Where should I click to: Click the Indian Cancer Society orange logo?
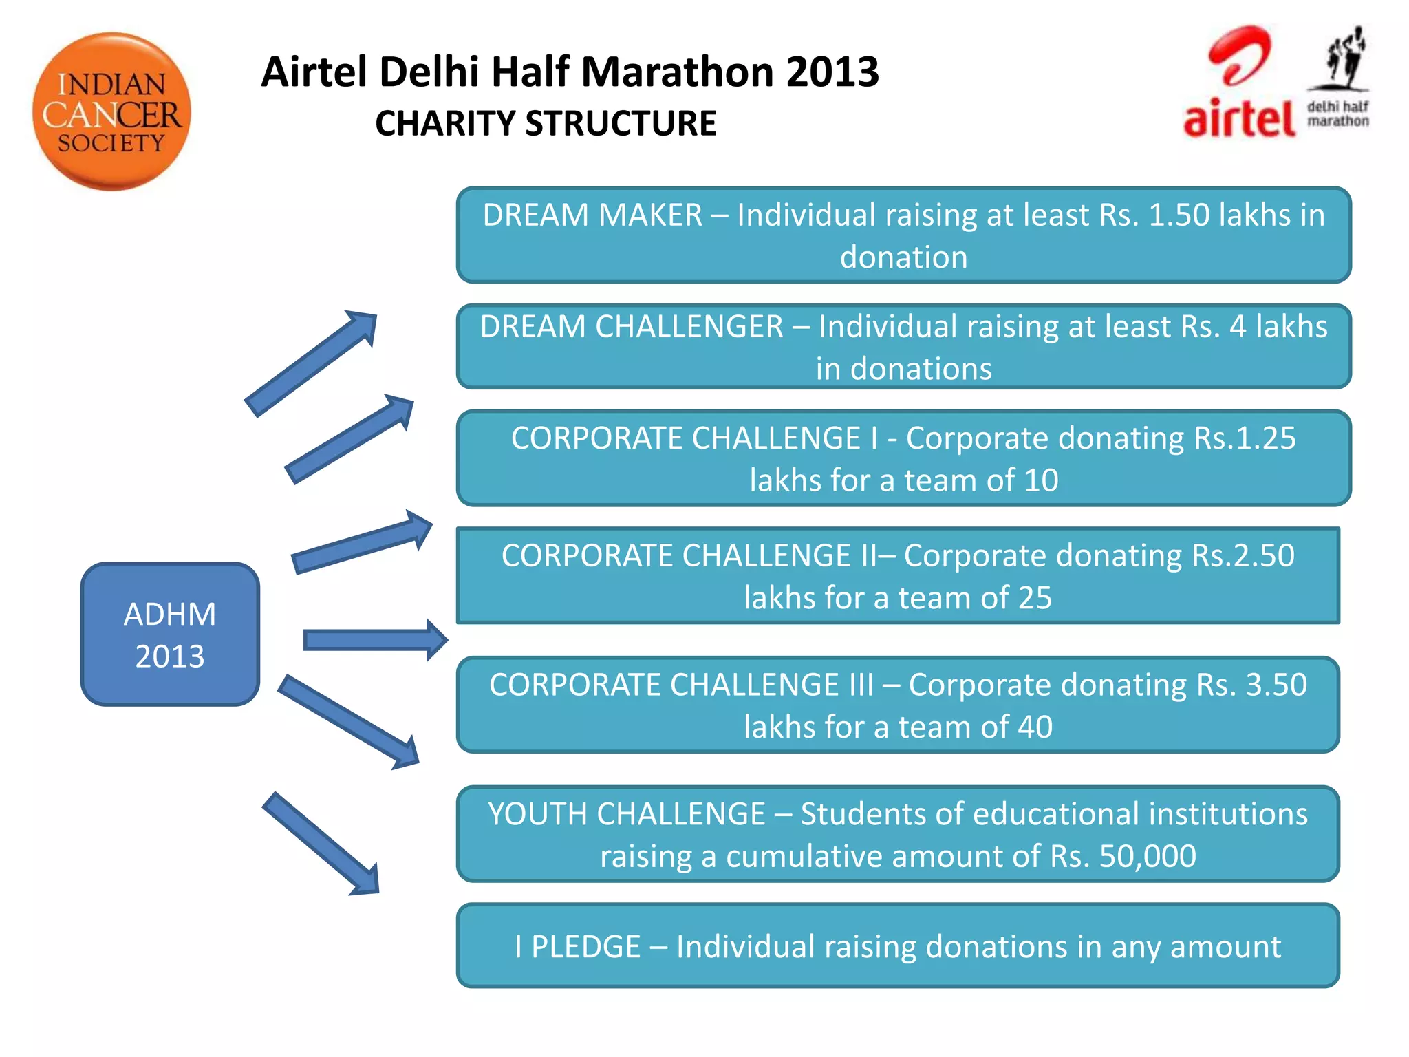[x=111, y=111]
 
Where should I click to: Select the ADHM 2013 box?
[x=170, y=634]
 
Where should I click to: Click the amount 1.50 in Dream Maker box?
[x=1179, y=215]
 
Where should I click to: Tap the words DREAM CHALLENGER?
[x=632, y=326]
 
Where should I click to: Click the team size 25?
[x=1035, y=598]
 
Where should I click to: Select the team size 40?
[x=1035, y=727]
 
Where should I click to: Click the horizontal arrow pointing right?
[x=375, y=640]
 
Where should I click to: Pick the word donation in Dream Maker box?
[x=903, y=257]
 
